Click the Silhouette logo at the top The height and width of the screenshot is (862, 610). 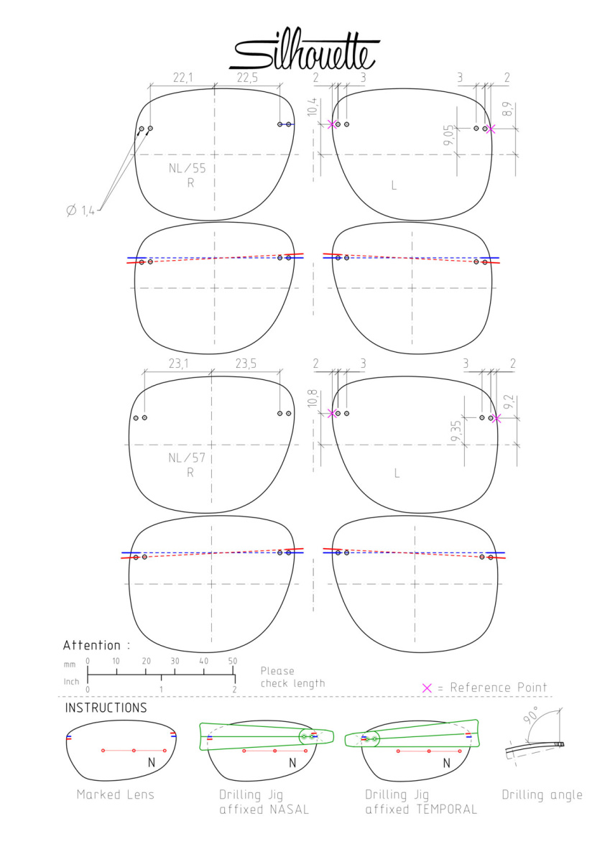(304, 50)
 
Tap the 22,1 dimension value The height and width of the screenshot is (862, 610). (182, 78)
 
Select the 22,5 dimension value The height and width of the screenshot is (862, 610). (247, 78)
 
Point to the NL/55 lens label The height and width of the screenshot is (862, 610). (187, 168)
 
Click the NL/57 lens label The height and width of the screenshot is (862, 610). (187, 458)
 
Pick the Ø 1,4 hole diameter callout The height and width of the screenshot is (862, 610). (80, 210)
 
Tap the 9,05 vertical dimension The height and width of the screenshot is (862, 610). (448, 135)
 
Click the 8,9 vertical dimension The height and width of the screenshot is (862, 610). (508, 109)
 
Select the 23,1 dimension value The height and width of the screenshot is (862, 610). (178, 363)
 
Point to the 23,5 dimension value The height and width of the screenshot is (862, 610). (246, 363)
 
